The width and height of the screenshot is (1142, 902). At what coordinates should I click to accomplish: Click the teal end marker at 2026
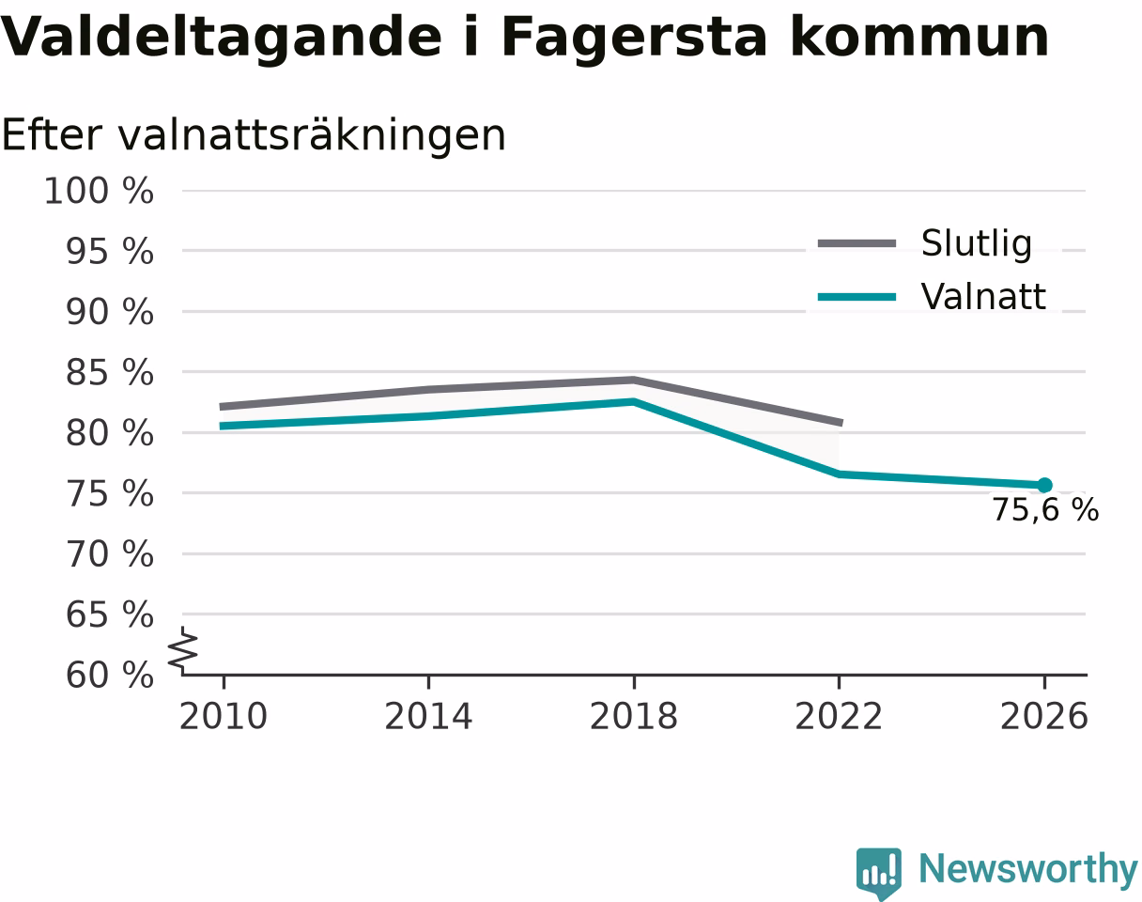tap(1044, 485)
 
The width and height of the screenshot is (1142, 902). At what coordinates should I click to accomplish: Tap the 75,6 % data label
tap(1045, 509)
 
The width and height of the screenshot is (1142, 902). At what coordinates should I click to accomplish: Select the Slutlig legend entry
tap(925, 243)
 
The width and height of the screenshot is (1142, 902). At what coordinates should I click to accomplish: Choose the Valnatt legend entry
tap(932, 296)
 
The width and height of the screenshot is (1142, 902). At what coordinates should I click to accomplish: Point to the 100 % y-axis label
tap(99, 191)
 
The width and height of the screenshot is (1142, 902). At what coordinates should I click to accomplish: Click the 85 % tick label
tap(109, 372)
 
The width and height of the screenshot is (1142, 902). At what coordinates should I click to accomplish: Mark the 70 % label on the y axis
tap(109, 554)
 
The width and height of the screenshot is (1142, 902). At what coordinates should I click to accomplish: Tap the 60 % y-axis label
tap(109, 675)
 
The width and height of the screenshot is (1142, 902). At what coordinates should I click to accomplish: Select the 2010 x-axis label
tap(224, 716)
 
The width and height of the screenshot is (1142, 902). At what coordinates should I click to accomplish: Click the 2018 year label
tap(634, 716)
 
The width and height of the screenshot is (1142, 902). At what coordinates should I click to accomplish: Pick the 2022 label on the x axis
tap(839, 716)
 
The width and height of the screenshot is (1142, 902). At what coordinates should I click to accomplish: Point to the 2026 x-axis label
tap(1043, 716)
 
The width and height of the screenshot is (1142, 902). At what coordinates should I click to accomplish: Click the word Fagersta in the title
tap(635, 39)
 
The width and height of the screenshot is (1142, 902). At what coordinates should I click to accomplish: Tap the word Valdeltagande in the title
tap(221, 39)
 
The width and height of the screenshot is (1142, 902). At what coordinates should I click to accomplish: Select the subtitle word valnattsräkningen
tap(312, 136)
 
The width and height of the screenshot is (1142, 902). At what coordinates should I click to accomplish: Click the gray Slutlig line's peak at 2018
tap(634, 381)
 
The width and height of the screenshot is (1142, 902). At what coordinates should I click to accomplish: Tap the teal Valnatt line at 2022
tap(839, 474)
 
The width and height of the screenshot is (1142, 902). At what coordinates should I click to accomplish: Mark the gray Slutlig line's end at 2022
tap(841, 423)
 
